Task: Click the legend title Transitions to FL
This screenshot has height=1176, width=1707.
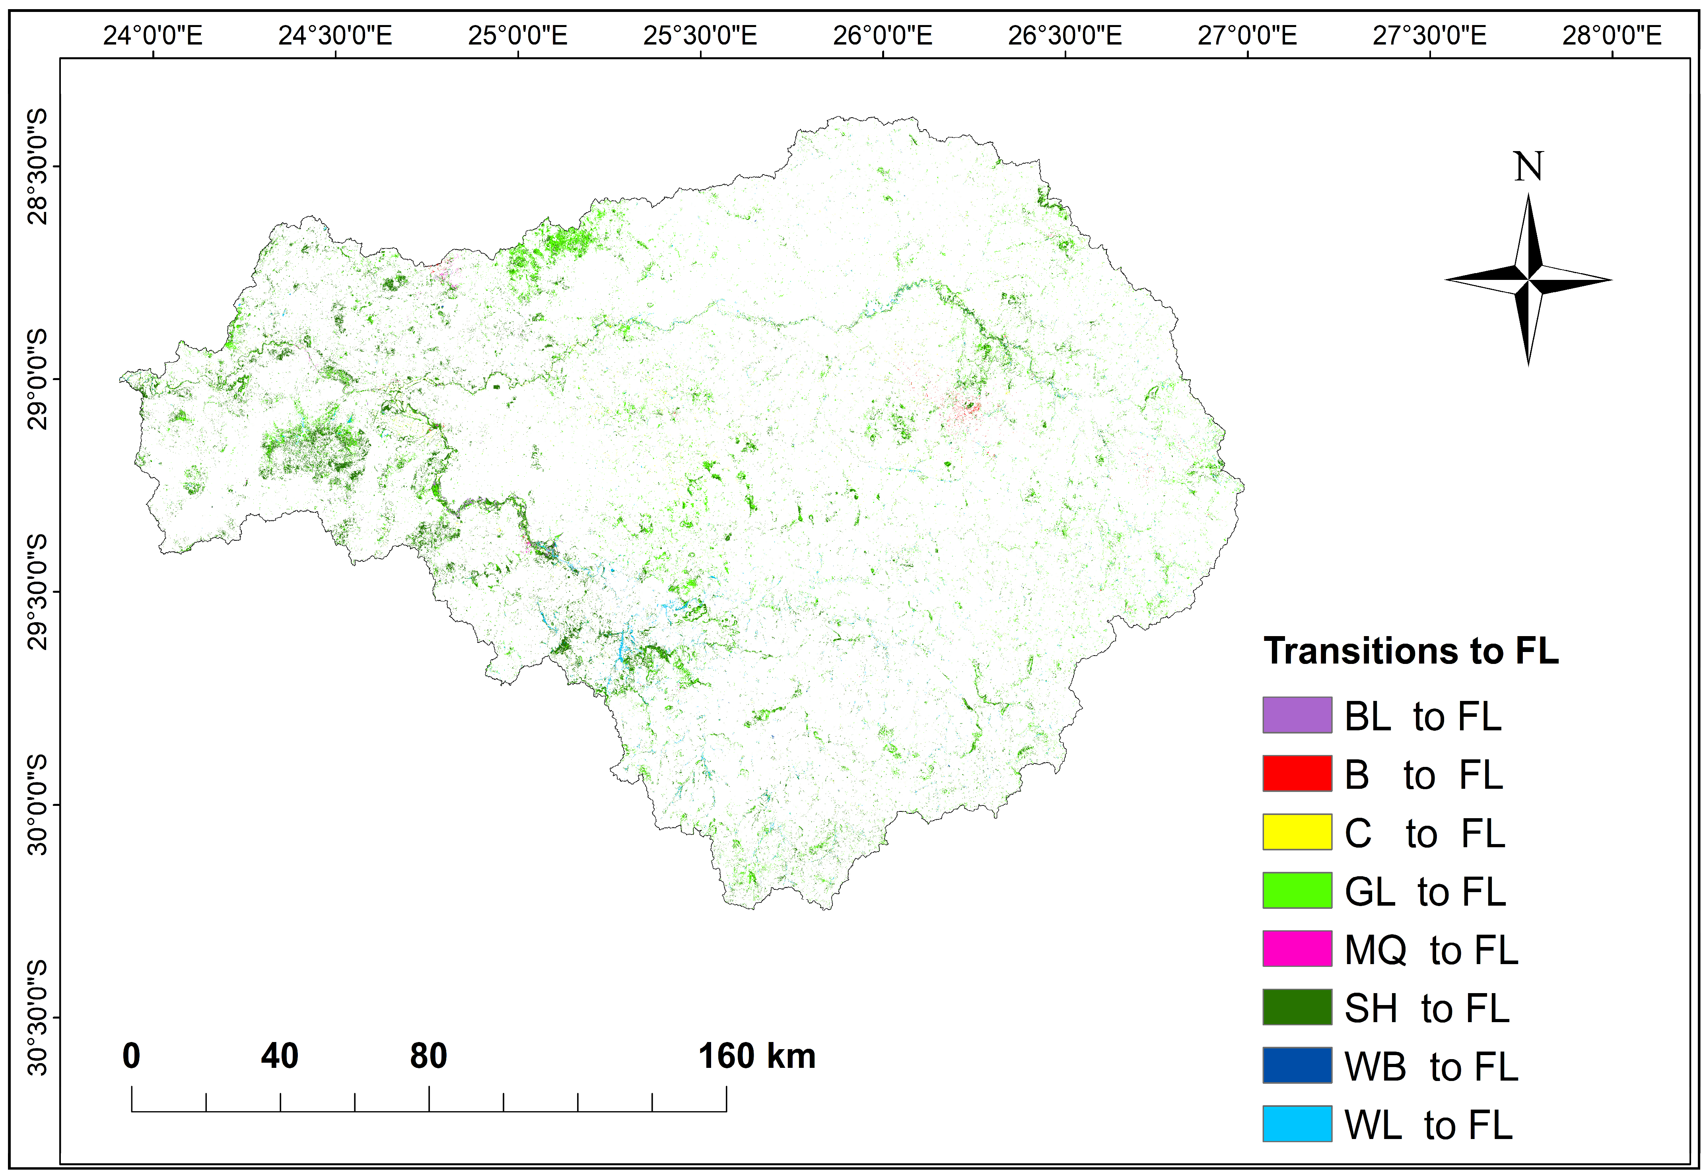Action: click(x=1411, y=651)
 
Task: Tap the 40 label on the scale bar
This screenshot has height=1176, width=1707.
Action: click(x=279, y=1056)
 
